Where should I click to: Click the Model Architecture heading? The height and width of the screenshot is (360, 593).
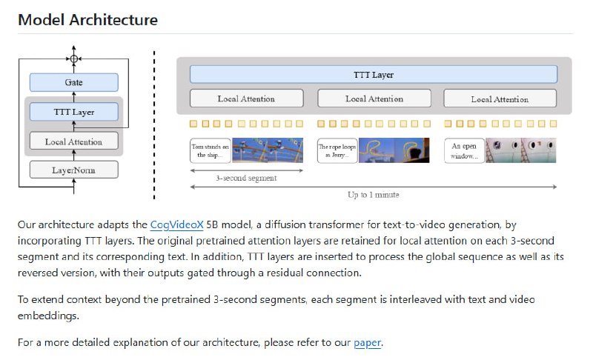tap(87, 20)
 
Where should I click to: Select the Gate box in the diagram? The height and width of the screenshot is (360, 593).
tap(73, 82)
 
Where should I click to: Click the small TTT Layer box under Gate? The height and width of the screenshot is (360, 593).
tap(73, 112)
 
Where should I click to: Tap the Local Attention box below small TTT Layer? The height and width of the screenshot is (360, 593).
tap(73, 141)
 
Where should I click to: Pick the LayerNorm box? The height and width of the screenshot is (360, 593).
tap(73, 170)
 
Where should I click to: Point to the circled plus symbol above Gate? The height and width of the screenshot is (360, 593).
tap(73, 58)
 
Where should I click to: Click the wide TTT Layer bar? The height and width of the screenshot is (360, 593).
tap(373, 75)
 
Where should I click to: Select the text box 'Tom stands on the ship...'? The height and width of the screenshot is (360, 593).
tap(211, 150)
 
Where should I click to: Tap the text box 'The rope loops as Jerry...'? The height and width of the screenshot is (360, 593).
tap(338, 150)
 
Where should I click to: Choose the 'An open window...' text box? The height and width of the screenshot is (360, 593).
tap(464, 151)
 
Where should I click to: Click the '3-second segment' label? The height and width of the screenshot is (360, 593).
tap(236, 178)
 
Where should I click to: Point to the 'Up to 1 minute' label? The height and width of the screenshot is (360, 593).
tap(372, 195)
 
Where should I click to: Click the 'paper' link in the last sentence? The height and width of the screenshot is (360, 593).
tap(367, 342)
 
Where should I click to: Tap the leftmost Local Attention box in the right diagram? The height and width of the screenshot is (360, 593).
tap(246, 99)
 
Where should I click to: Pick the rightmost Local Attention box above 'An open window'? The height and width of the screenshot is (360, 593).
tap(500, 99)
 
